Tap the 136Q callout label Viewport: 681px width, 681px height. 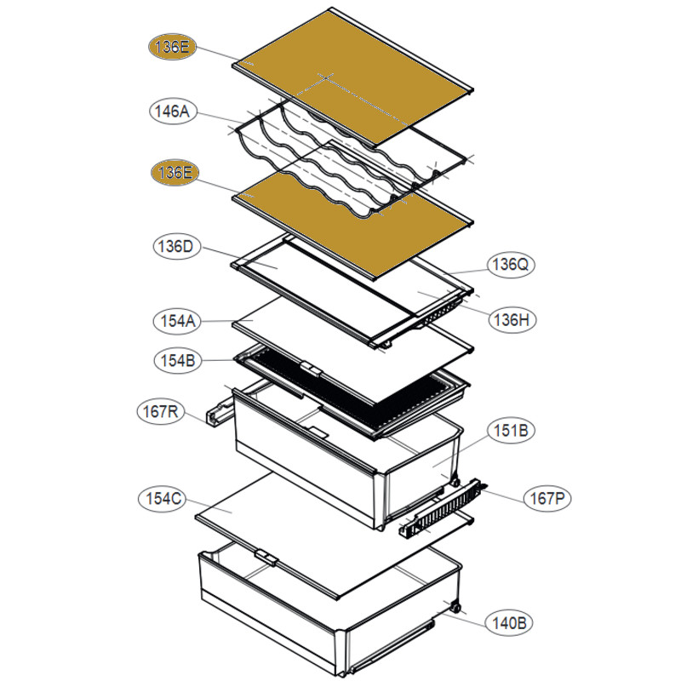(x=512, y=265)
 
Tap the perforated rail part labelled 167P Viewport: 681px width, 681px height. (x=443, y=509)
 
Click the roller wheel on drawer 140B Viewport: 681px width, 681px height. (x=457, y=609)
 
